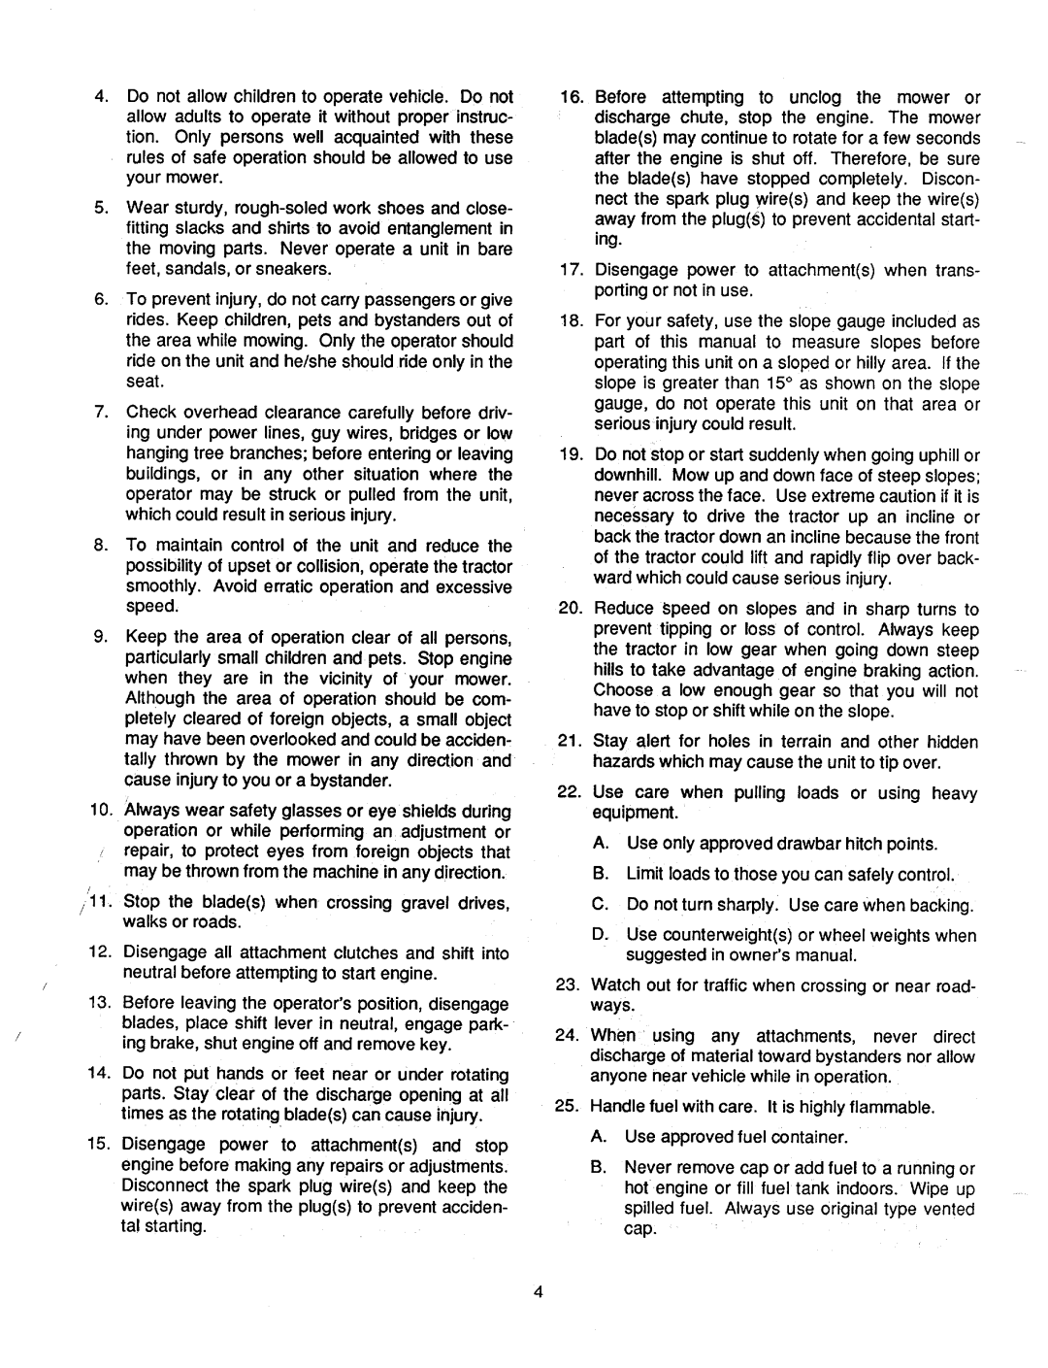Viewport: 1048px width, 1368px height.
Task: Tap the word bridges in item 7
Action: point(429,433)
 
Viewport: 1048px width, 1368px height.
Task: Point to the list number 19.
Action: point(570,455)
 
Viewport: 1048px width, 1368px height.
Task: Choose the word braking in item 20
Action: point(886,670)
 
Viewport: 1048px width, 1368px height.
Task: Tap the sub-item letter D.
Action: point(599,935)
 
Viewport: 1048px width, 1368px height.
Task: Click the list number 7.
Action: point(101,413)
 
